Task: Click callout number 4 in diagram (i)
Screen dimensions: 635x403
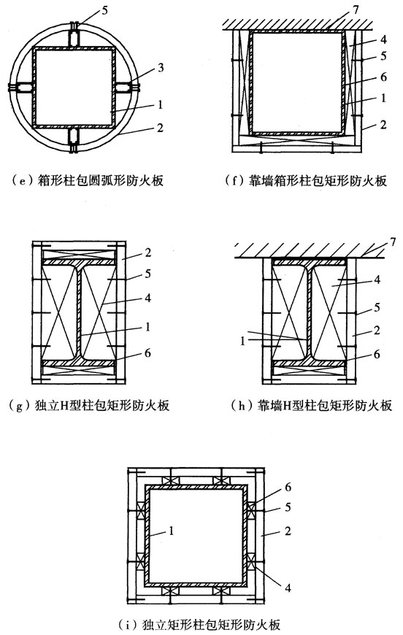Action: point(272,584)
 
